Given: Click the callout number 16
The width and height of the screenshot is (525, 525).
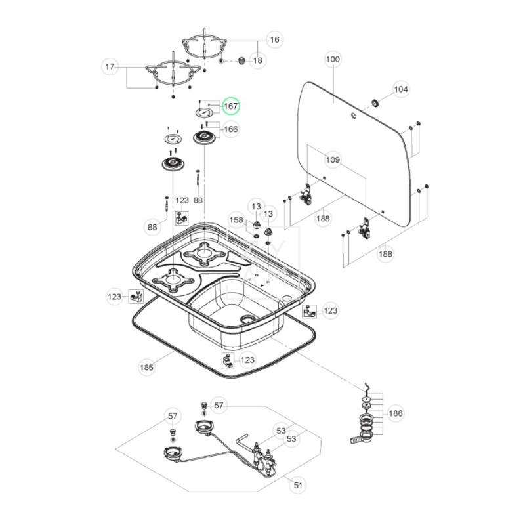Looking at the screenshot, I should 274,40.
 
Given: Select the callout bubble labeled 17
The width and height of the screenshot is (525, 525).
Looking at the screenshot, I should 110,66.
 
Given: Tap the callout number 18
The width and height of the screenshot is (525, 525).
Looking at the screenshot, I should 257,60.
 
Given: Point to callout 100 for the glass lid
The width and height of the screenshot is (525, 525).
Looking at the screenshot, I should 333,60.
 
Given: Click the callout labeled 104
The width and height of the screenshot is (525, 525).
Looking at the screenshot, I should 400,89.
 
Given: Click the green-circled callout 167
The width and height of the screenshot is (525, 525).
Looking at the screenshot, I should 230,106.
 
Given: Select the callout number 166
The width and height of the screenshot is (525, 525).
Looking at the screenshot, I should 230,129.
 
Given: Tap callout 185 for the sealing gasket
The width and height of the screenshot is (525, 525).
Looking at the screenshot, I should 146,367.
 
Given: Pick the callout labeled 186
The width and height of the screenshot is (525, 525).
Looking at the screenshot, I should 396,413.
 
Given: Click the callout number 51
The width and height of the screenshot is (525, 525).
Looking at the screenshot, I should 299,485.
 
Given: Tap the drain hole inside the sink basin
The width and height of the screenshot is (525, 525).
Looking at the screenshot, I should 248,319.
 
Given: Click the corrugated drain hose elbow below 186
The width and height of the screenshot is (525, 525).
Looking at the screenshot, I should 360,436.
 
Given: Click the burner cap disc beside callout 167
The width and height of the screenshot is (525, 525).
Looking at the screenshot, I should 205,112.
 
